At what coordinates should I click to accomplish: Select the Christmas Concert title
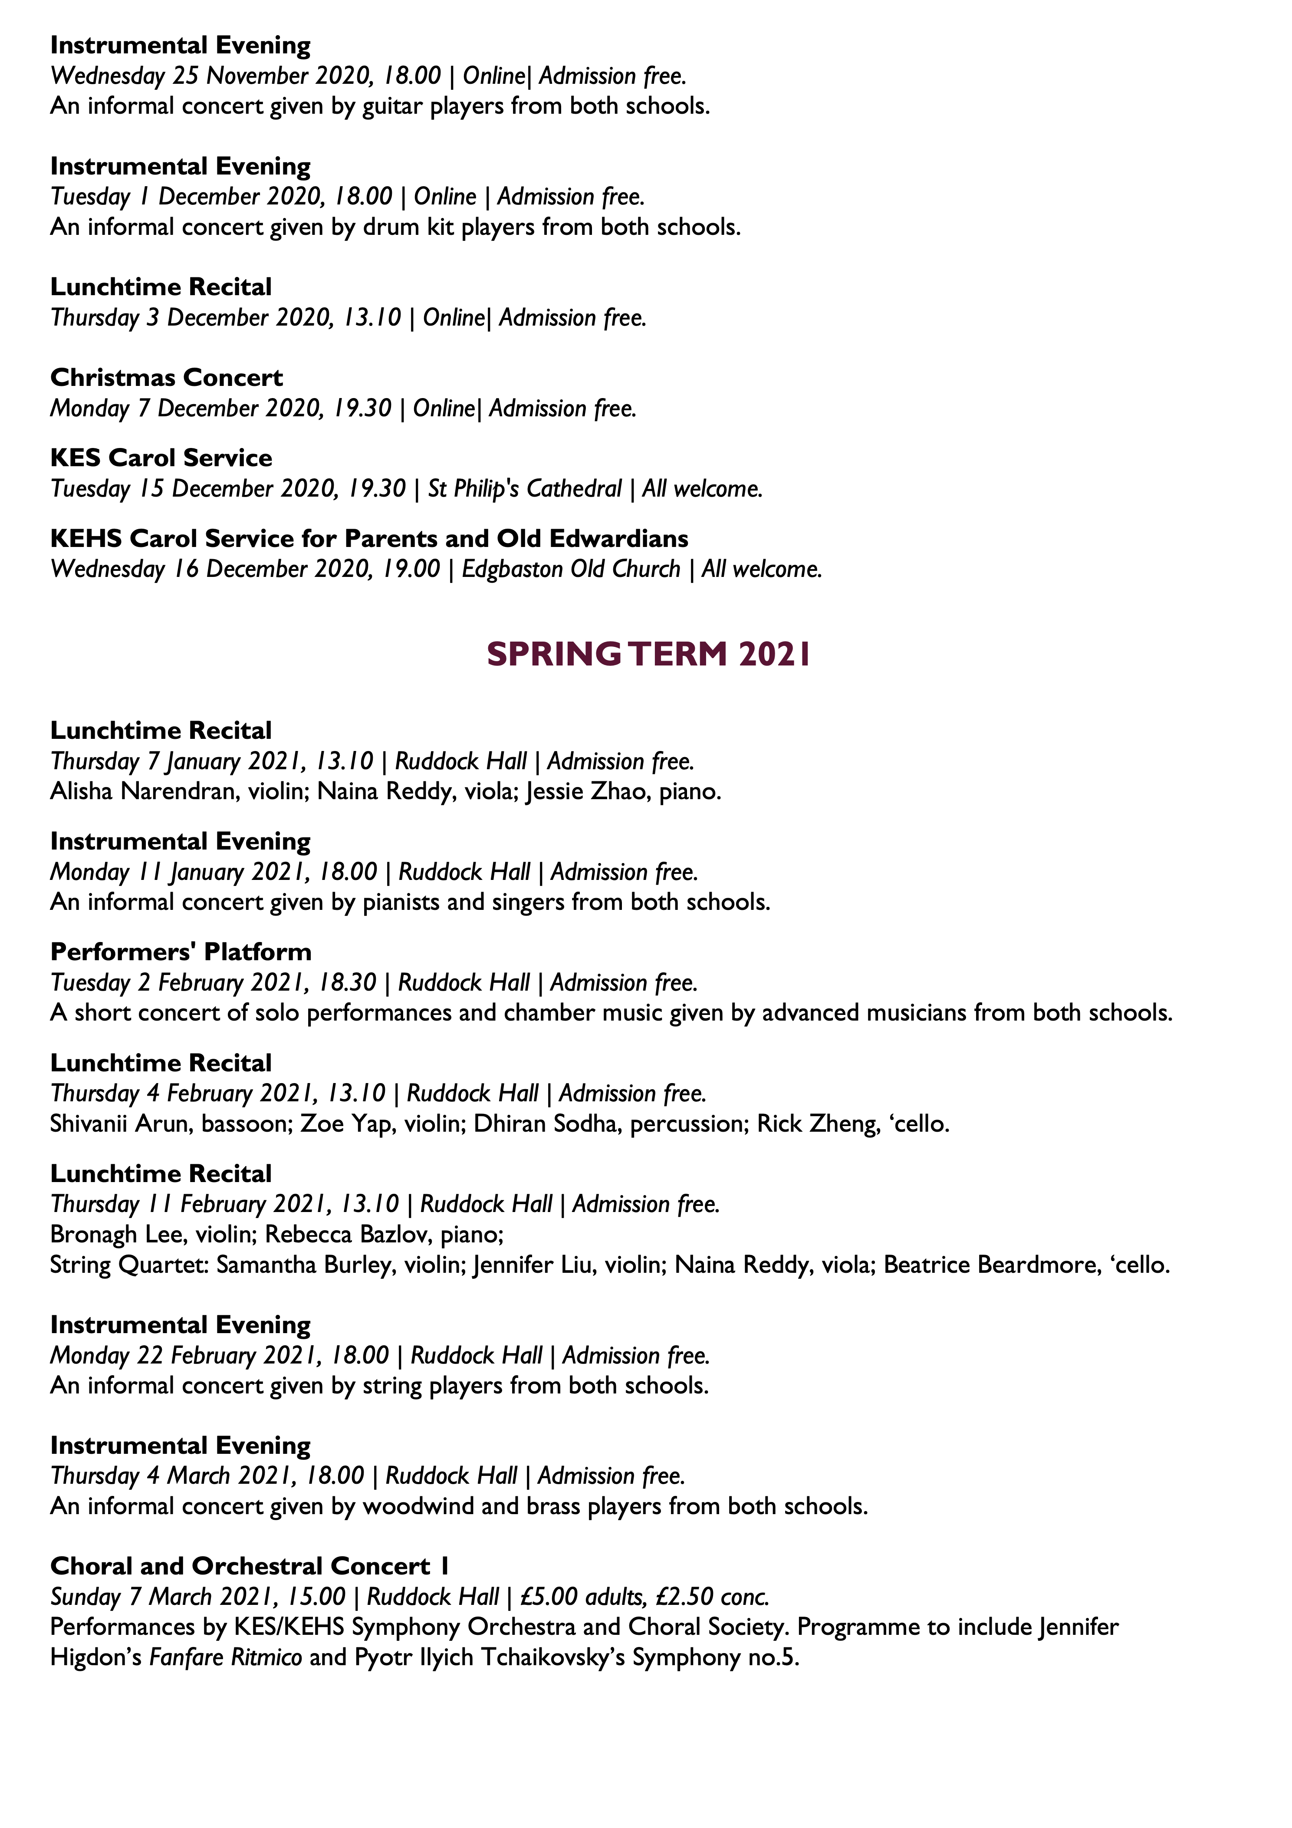click(166, 377)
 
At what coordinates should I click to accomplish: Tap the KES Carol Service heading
click(161, 458)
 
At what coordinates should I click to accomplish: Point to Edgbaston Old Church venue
click(571, 569)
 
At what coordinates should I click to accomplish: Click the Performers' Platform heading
click(181, 952)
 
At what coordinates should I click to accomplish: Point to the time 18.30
click(347, 982)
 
